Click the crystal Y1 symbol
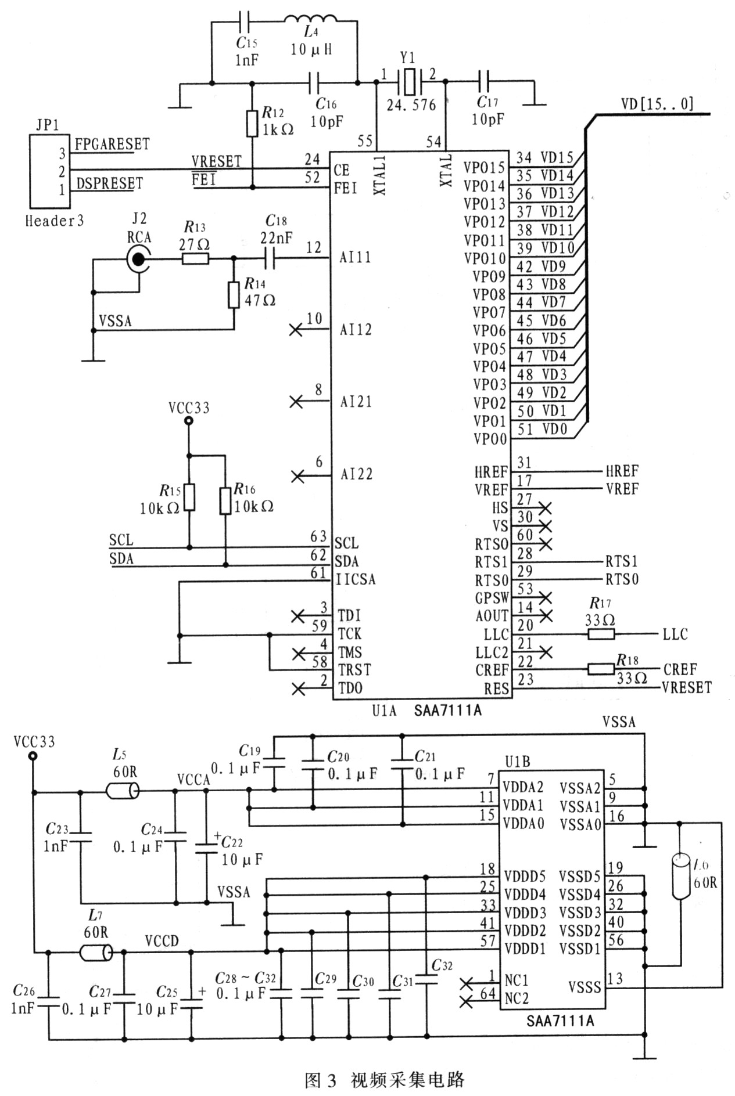(x=410, y=82)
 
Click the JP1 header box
(x=49, y=171)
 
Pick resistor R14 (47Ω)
(x=234, y=295)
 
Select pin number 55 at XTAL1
(x=365, y=140)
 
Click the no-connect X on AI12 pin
(x=296, y=330)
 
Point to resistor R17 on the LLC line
(x=601, y=634)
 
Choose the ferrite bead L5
(x=123, y=791)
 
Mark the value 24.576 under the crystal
(x=411, y=104)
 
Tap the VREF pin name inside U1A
(x=491, y=490)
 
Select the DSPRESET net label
(x=109, y=183)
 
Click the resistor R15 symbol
(x=189, y=497)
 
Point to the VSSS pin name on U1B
(x=584, y=986)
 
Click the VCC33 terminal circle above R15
(x=188, y=422)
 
